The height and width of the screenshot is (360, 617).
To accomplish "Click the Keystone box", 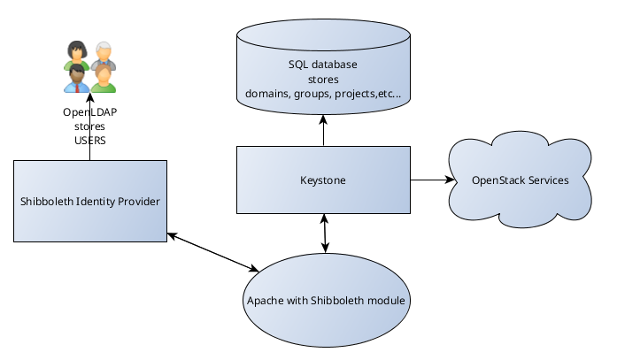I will pos(323,180).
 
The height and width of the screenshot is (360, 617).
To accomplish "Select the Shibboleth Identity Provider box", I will pos(90,201).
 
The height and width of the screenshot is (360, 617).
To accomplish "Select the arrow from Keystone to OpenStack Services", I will pos(433,180).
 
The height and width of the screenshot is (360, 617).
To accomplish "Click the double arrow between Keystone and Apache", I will pos(325,232).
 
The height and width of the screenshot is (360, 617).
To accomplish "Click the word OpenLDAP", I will pos(89,113).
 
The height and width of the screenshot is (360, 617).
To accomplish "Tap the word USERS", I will pos(89,141).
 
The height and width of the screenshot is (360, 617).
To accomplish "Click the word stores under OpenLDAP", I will pos(89,127).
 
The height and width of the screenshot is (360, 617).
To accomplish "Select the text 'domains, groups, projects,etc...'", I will pos(323,93).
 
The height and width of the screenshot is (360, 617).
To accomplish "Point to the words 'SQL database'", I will pos(323,65).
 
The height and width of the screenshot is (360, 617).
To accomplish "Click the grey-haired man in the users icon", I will pos(104,55).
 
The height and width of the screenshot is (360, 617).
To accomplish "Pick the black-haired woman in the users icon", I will pos(76,55).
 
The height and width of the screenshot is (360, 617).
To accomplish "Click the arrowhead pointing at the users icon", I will pos(89,97).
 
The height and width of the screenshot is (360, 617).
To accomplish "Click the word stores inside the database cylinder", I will pos(323,80).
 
